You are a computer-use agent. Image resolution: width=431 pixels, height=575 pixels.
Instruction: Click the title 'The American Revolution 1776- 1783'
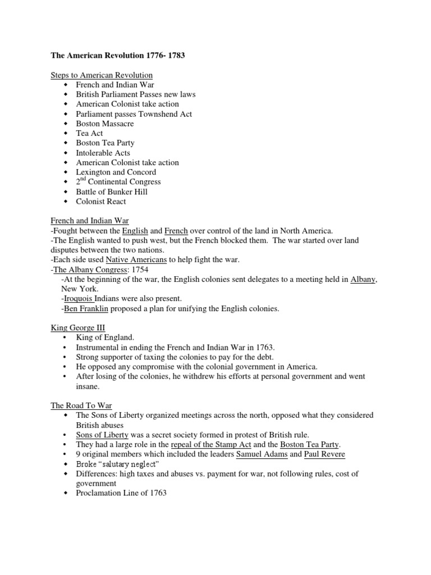pos(118,56)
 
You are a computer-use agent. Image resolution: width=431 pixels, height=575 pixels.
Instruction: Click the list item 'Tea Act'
pos(90,134)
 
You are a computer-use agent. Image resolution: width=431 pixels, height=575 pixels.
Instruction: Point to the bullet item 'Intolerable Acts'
pos(103,153)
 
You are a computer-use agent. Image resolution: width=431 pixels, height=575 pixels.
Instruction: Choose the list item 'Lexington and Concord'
pos(116,172)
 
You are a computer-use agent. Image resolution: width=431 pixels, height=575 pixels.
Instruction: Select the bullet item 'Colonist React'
pos(101,202)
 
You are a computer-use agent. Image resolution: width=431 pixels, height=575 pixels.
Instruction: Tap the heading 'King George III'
pos(78,328)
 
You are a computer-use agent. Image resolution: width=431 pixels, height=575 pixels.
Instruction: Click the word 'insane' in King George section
pos(88,386)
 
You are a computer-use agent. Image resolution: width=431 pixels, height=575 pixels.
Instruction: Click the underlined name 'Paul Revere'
pos(325,454)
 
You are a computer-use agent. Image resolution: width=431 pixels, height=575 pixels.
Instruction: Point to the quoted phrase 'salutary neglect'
pos(127,464)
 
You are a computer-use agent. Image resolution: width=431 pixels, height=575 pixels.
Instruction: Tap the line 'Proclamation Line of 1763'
pos(121,493)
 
